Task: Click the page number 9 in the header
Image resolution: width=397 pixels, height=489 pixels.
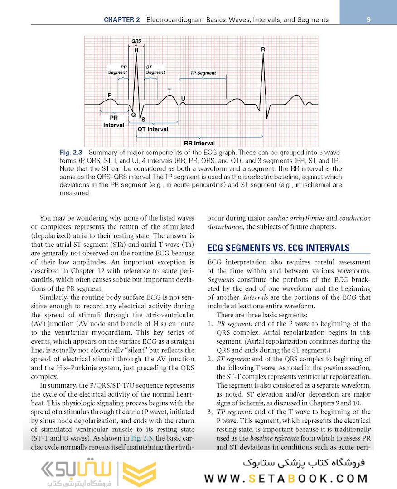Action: [x=369, y=19]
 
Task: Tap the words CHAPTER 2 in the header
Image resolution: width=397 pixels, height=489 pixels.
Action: [x=121, y=20]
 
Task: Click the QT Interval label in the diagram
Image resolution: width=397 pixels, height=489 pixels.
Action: [x=152, y=129]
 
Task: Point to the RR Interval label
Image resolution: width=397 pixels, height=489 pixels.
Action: [x=199, y=143]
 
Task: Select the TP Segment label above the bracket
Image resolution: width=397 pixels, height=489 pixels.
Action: [x=203, y=73]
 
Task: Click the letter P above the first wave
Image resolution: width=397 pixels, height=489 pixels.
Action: [x=110, y=95]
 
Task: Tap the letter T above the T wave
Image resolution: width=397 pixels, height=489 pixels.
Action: [x=169, y=91]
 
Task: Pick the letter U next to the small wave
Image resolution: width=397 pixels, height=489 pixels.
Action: [x=183, y=98]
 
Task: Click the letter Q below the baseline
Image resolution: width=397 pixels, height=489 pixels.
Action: [x=133, y=115]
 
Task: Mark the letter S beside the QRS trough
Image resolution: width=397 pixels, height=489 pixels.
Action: [x=143, y=120]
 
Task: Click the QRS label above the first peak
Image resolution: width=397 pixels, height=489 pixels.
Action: [x=136, y=41]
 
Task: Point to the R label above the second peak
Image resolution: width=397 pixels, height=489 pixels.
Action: [x=263, y=49]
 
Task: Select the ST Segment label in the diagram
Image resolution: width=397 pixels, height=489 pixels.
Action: [x=155, y=70]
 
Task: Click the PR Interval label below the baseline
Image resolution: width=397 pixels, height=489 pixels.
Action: [x=114, y=121]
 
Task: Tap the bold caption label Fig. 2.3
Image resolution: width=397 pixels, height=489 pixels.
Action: [x=71, y=152]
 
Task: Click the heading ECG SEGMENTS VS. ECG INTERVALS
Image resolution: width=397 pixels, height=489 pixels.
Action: [x=278, y=248]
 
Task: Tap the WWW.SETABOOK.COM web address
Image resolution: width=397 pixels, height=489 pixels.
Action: [x=286, y=479]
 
